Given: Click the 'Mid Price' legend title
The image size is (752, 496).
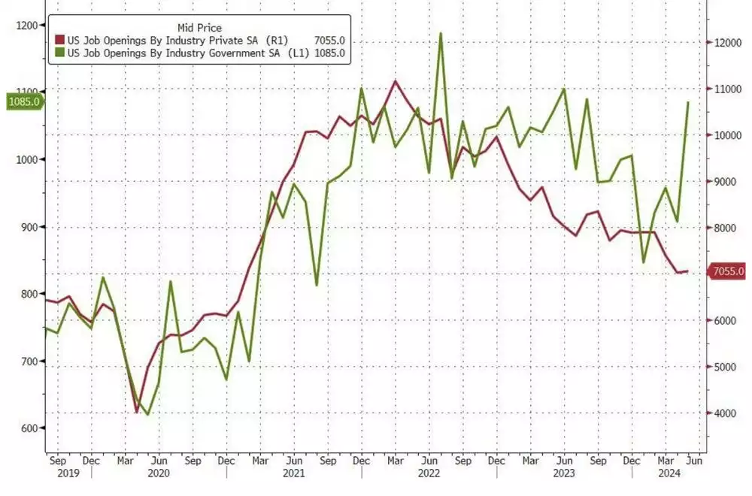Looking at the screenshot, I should (199, 28).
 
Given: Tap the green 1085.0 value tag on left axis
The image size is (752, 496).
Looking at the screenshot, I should (23, 101).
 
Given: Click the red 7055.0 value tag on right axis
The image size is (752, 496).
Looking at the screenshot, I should (728, 271).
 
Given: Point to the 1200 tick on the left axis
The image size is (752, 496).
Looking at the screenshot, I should (28, 26).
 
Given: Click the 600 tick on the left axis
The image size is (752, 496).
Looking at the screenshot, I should (30, 428).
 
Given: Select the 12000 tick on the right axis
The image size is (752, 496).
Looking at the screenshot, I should (726, 44).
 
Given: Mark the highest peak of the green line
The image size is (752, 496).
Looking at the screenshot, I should (440, 33).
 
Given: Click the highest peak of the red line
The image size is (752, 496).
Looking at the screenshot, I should (396, 80).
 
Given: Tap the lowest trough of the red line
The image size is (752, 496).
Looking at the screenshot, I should (136, 413).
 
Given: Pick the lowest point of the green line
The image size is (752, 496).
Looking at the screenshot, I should (147, 415).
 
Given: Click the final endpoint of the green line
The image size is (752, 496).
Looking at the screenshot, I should (687, 102).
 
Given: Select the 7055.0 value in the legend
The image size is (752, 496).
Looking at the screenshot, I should (331, 41).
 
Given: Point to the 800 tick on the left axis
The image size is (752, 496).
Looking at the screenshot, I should (30, 294).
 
